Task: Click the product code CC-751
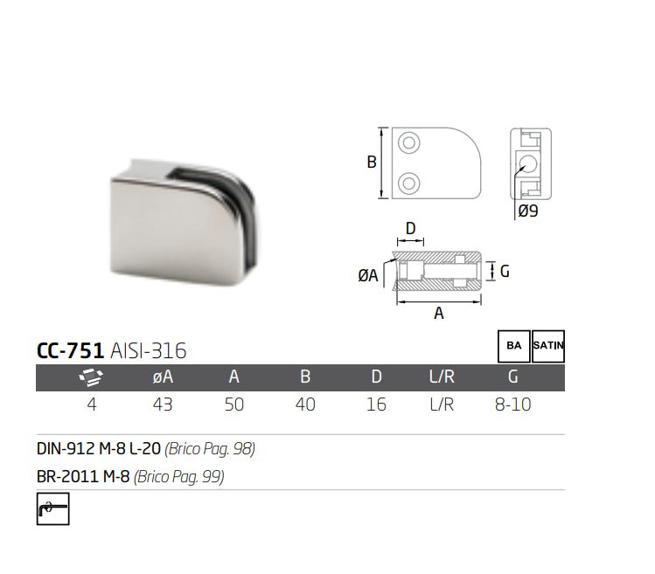70,351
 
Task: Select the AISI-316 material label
149,351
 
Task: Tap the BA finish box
512,346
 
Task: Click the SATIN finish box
548,346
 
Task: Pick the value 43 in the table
163,405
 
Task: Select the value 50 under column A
234,405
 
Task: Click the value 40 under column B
305,405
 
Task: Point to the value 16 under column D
376,405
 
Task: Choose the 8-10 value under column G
513,405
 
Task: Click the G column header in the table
513,377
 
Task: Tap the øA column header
163,377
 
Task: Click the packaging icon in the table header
91,377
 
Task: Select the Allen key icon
52,508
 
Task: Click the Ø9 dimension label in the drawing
527,211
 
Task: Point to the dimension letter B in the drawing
371,163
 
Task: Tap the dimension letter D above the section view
410,228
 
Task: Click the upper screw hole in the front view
408,143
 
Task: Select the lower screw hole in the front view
408,183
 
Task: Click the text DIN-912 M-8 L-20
99,450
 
